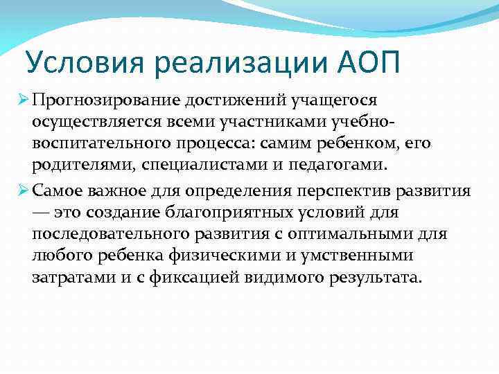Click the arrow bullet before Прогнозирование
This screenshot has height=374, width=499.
[x=21, y=101]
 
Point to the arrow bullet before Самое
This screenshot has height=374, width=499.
[x=21, y=190]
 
